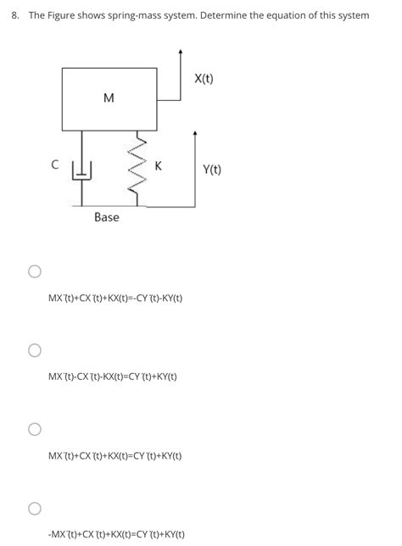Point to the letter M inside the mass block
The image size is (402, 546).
point(108,98)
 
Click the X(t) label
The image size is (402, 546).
point(204,79)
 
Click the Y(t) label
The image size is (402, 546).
point(212,170)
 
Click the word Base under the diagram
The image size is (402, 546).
point(107,218)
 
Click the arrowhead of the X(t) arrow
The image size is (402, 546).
point(181,52)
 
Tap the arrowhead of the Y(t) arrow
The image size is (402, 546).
point(196,134)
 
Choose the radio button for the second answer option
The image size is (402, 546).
point(34,350)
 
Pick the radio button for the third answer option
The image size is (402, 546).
point(34,429)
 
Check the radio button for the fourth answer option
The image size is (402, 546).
point(34,508)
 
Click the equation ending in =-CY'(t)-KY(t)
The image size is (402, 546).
point(115,298)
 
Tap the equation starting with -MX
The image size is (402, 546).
point(117,535)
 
